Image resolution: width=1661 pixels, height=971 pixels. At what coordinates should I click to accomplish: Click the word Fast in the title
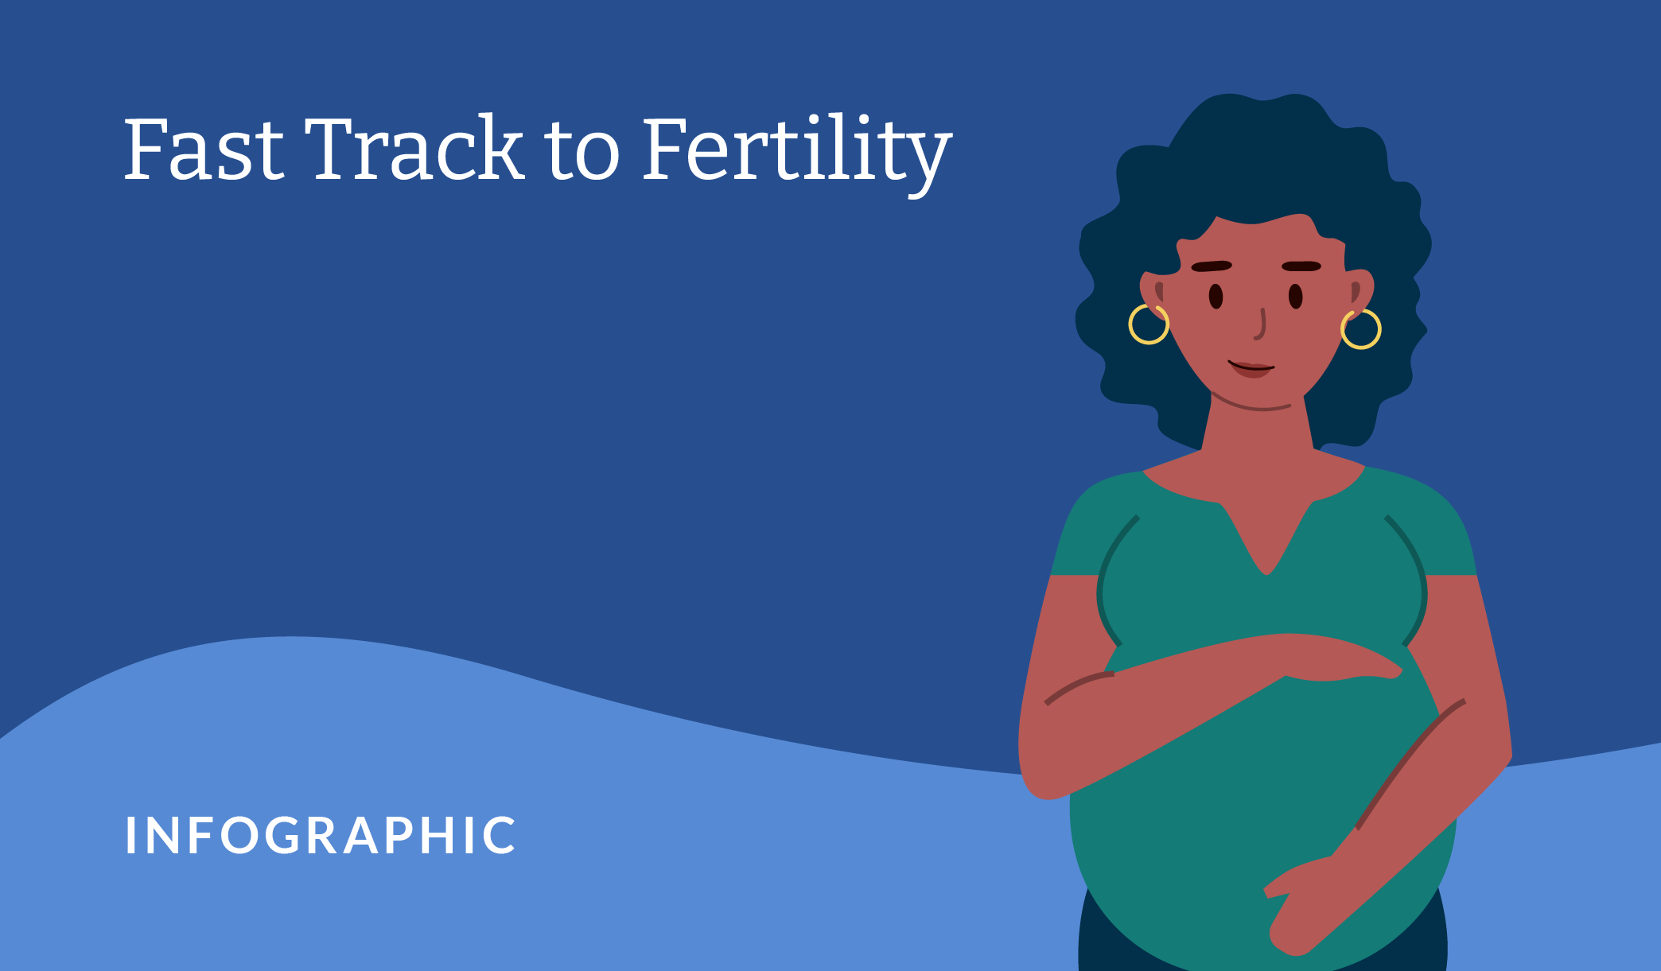point(204,149)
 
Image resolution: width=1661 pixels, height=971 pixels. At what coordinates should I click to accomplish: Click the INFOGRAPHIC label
point(321,836)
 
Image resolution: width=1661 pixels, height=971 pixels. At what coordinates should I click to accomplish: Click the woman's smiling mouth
point(1251,369)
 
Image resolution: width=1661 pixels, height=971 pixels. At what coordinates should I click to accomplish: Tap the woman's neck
point(1258,429)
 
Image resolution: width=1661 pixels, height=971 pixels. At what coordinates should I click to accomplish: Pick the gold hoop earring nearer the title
point(1149,324)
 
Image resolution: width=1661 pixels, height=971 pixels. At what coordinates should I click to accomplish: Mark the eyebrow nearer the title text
point(1212,266)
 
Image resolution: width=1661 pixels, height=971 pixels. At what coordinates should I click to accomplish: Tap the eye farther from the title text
point(1296,297)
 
